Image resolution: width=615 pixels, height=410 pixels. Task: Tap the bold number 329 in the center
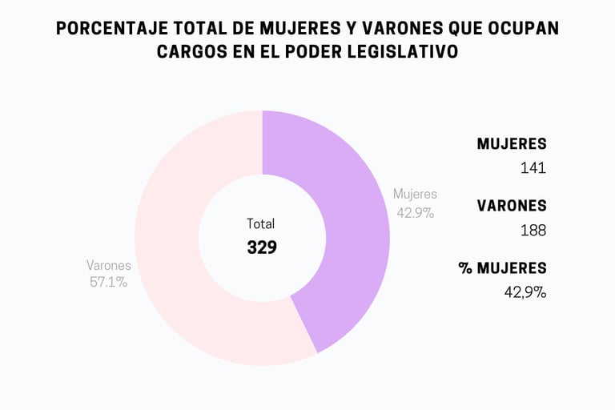[x=262, y=247]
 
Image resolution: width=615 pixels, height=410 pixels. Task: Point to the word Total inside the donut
[x=260, y=224]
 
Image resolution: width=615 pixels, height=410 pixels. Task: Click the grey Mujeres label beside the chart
[x=415, y=194]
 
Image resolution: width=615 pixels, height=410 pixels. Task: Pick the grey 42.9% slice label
[x=415, y=212]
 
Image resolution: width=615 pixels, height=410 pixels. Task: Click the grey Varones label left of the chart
[x=109, y=265]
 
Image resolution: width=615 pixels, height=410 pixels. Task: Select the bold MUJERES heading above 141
[x=512, y=144]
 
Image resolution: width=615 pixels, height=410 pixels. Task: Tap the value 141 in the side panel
[x=533, y=168]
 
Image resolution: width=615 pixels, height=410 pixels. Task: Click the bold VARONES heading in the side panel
[x=512, y=206]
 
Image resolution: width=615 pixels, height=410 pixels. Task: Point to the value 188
[x=533, y=231]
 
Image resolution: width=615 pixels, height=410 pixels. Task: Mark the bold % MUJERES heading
[x=503, y=268]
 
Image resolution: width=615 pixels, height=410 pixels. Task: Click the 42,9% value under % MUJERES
[x=525, y=292]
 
